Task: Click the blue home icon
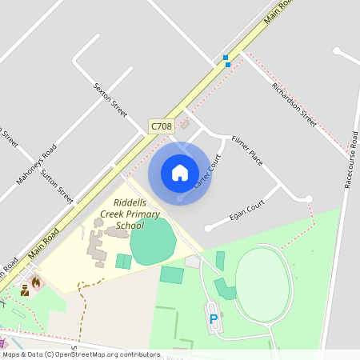180,173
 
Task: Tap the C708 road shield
161,126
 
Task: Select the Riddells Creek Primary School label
130,214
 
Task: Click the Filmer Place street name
246,150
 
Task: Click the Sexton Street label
110,98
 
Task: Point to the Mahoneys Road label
36,164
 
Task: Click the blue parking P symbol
214,319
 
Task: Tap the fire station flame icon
35,282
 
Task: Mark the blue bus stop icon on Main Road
226,60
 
